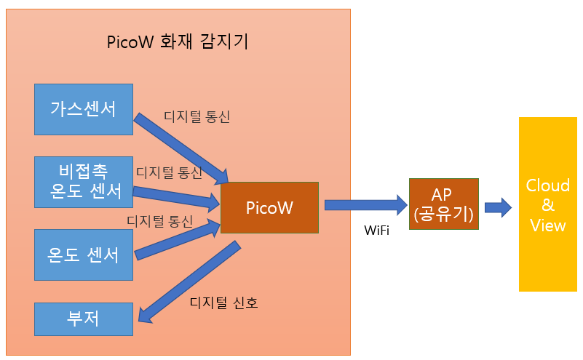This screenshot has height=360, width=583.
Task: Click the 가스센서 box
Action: pos(84,109)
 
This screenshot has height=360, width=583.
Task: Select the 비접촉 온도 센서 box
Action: pos(84,182)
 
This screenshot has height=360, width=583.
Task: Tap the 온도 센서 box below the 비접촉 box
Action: pos(84,255)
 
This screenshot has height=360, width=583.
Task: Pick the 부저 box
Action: pos(84,319)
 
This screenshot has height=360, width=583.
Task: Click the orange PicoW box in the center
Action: pos(269,208)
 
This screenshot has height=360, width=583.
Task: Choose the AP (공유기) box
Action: pos(443,204)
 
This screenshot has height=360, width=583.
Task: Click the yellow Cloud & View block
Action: pos(547,204)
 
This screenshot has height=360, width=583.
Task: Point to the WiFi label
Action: pos(376,231)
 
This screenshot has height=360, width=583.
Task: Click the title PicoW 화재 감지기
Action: pos(178,41)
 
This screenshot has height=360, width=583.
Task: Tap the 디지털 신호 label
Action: pos(224,303)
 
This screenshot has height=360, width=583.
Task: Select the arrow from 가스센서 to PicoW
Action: pos(181,148)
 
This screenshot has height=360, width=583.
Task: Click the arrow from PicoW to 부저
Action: pos(189,281)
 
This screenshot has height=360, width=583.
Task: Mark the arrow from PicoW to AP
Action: pos(366,205)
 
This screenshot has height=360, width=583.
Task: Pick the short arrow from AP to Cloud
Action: pos(499,207)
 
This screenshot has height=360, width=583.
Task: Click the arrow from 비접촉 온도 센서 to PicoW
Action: pos(176,197)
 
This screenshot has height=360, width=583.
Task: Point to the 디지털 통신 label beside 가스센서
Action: pos(197,116)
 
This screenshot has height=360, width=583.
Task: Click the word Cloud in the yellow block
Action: pos(547,185)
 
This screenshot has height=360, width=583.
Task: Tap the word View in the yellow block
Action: pos(547,225)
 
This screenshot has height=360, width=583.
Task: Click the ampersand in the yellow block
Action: pos(547,205)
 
